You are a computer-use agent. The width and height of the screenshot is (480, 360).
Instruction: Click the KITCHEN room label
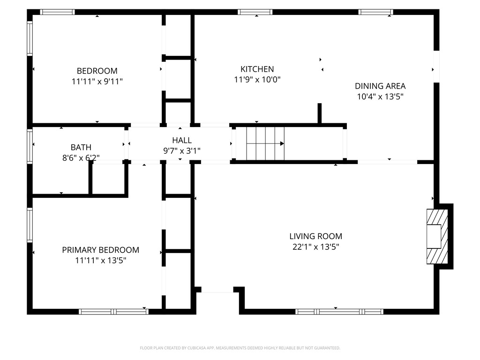click(257, 69)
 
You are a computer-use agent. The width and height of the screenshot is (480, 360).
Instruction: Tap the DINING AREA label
click(380, 86)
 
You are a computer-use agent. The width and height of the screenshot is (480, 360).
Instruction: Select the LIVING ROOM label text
click(315, 236)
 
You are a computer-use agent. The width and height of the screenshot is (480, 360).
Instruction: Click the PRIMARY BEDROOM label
click(100, 250)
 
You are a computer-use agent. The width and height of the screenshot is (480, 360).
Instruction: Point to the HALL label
click(181, 140)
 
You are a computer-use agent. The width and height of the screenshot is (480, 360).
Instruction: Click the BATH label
click(81, 147)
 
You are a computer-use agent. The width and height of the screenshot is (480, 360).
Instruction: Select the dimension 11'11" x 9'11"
click(97, 82)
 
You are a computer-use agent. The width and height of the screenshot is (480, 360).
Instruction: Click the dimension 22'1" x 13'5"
click(315, 247)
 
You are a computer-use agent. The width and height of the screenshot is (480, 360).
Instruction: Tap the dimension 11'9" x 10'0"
click(257, 80)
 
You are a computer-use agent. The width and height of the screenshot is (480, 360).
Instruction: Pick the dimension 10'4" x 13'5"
click(380, 97)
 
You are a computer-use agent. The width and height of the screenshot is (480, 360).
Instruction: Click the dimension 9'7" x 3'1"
click(181, 150)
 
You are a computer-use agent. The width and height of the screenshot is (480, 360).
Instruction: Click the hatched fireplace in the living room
click(436, 236)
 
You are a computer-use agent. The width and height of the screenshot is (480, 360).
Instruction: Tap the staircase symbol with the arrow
click(265, 143)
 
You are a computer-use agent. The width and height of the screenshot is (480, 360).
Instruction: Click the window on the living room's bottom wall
click(339, 311)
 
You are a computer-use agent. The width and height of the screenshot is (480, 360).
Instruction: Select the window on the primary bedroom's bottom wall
click(113, 311)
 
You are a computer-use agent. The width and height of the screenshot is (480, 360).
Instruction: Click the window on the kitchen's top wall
click(255, 12)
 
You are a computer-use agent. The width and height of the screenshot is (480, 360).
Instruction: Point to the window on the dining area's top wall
click(376, 12)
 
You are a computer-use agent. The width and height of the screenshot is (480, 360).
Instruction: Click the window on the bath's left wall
click(30, 146)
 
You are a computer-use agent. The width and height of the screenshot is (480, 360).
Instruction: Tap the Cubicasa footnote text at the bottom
click(240, 348)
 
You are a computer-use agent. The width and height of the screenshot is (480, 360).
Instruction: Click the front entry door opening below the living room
click(217, 292)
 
